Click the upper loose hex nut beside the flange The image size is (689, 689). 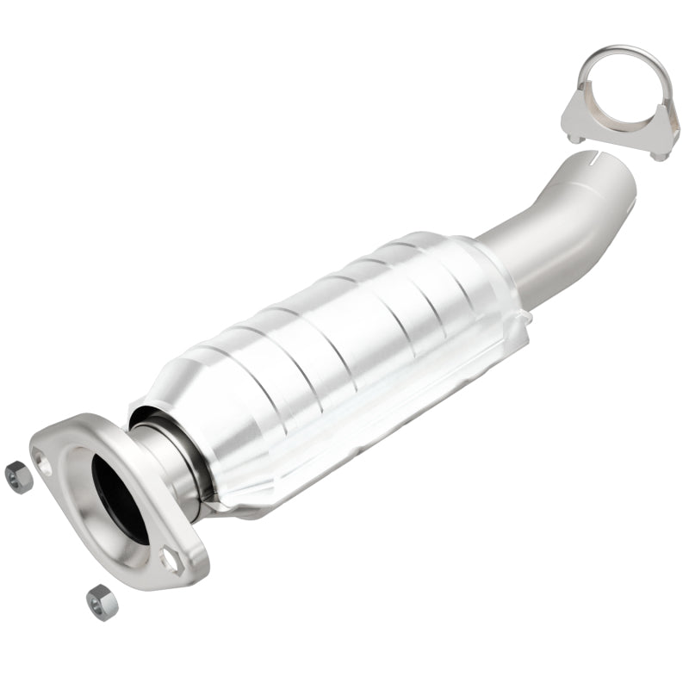(x=18, y=475)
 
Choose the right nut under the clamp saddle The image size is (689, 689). (x=661, y=154)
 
